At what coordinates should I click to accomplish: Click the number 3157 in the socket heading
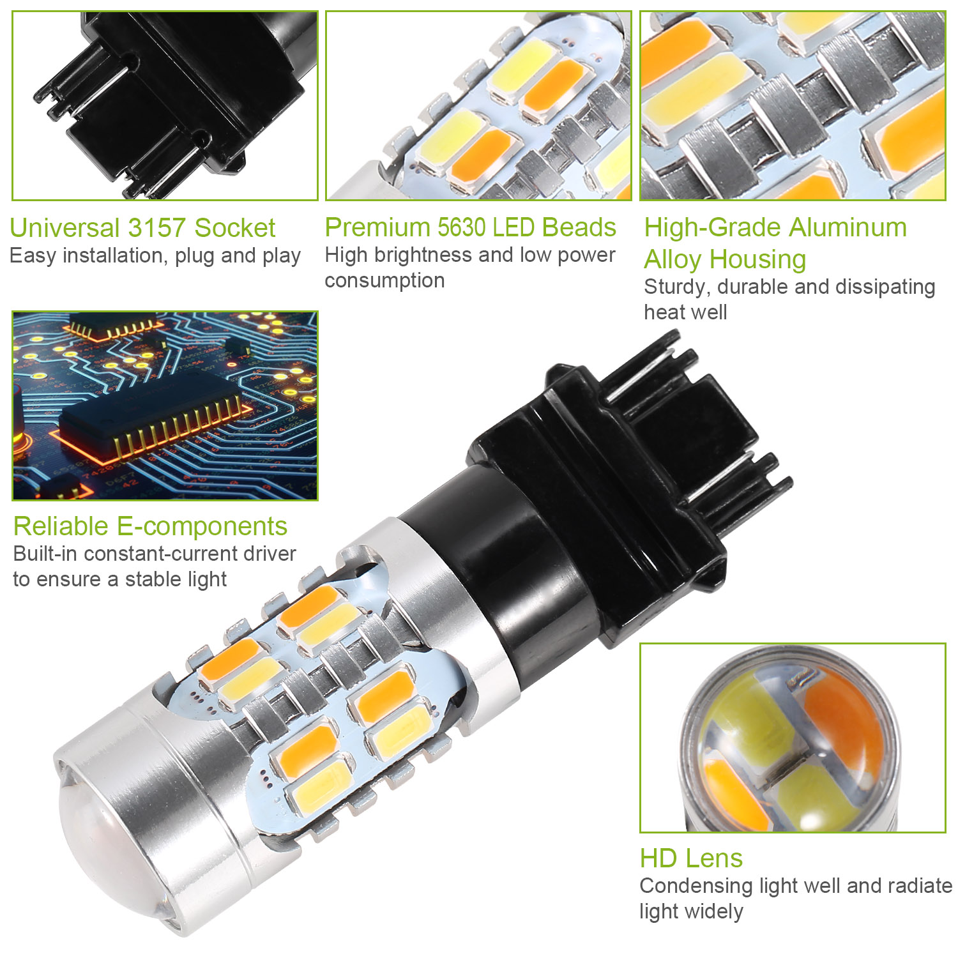click(157, 228)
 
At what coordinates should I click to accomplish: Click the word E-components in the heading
click(202, 526)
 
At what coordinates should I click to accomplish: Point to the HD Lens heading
click(691, 858)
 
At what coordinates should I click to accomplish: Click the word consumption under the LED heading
click(384, 280)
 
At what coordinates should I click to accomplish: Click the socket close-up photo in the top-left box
click(165, 106)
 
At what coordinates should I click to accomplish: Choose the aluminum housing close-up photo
click(793, 106)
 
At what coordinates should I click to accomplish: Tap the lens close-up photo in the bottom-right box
click(793, 738)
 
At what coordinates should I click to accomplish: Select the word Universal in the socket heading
click(65, 228)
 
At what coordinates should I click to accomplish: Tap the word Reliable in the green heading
click(61, 526)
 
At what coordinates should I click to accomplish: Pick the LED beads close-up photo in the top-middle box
click(478, 106)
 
